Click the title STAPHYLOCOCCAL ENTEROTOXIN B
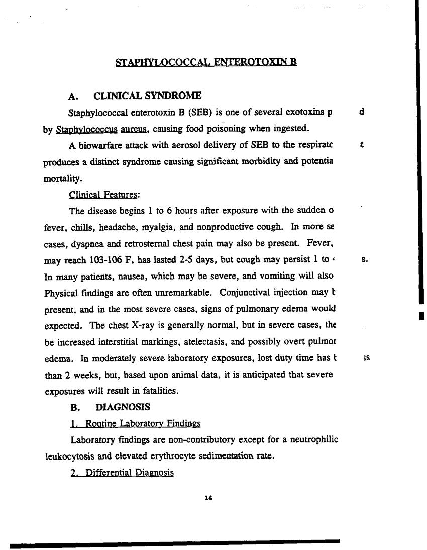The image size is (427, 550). pyautogui.click(x=206, y=63)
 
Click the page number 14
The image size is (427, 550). pyautogui.click(x=209, y=498)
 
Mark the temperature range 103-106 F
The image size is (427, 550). pyautogui.click(x=100, y=260)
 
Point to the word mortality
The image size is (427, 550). pyautogui.click(x=57, y=178)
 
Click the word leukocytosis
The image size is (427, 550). pyautogui.click(x=65, y=456)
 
